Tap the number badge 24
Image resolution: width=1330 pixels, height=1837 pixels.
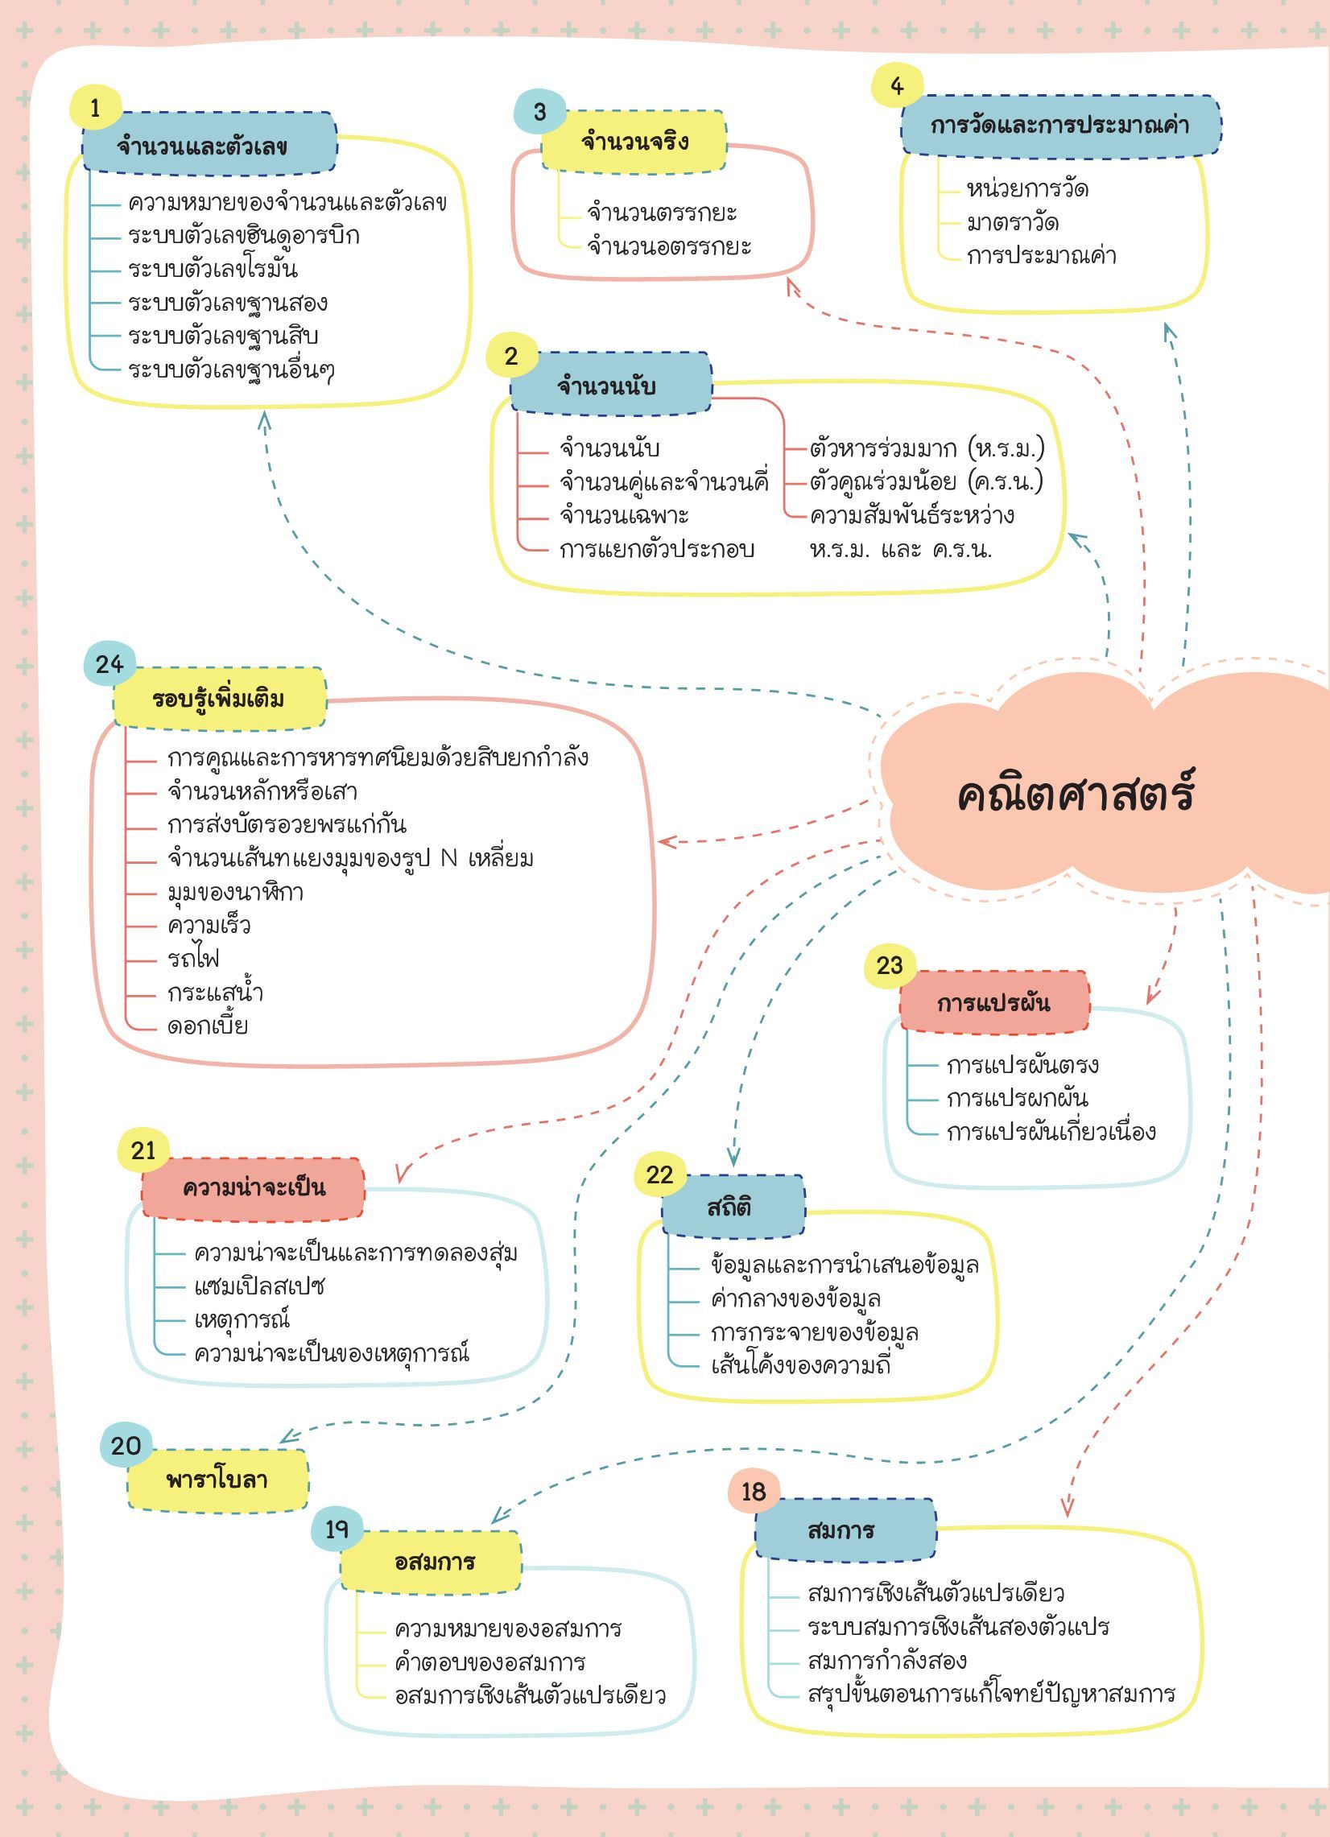pos(109,664)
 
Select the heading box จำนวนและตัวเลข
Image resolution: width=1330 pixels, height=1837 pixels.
pos(209,142)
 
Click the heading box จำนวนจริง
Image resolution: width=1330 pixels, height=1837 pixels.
pos(634,141)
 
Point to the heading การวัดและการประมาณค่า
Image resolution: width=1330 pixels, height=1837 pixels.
pos(1061,125)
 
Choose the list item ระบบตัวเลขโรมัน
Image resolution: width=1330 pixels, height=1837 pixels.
pos(214,269)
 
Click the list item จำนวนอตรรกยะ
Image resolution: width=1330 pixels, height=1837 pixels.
pos(670,246)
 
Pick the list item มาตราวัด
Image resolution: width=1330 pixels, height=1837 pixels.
pos(1013,223)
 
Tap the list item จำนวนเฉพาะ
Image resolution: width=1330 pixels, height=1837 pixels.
pos(624,516)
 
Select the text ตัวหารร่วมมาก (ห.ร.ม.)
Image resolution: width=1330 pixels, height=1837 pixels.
pos(927,448)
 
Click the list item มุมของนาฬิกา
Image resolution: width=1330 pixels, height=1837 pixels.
pos(235,892)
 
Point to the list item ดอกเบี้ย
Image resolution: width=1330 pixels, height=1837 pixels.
pos(208,1026)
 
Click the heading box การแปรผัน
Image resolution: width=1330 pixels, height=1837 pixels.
pos(994,1003)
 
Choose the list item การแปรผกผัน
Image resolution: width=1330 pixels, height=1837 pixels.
pos(1018,1098)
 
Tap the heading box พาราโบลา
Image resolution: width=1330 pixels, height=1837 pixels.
pos(217,1480)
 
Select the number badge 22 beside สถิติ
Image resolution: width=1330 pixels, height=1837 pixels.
pos(660,1174)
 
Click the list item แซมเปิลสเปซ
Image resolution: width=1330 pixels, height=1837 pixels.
pos(259,1286)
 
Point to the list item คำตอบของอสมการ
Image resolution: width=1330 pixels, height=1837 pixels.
pos(490,1662)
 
